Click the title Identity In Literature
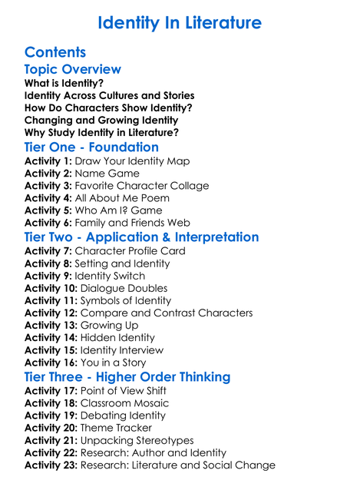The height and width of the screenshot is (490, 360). [x=180, y=23]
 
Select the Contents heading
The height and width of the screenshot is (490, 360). [x=55, y=52]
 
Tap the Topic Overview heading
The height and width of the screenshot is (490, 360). [x=73, y=70]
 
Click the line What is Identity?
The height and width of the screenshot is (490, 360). [x=64, y=83]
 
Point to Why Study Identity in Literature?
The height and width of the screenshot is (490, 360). [x=101, y=132]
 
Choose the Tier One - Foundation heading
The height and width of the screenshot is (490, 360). [x=91, y=147]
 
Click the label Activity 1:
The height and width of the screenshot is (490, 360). [x=48, y=161]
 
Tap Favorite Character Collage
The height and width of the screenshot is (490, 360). [x=141, y=186]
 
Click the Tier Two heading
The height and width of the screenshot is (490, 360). [x=141, y=237]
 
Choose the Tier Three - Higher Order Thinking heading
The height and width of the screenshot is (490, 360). [x=127, y=376]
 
